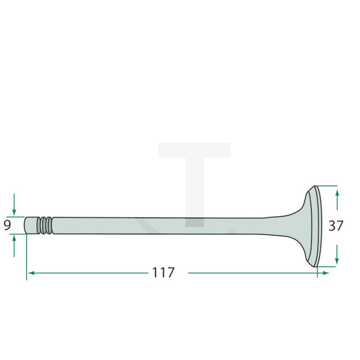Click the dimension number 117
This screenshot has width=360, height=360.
[163, 273]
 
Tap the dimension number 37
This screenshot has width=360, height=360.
[336, 226]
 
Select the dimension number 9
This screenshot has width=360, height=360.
[7, 225]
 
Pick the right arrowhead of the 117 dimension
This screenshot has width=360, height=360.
[326, 273]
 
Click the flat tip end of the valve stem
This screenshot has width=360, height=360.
[26, 225]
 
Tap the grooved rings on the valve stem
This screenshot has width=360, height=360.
[45, 225]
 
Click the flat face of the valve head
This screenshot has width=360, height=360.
[318, 226]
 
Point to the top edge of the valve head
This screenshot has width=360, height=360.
[315, 187]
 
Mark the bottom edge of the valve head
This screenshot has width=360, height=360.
[315, 266]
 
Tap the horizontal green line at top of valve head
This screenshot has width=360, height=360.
[327, 185]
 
